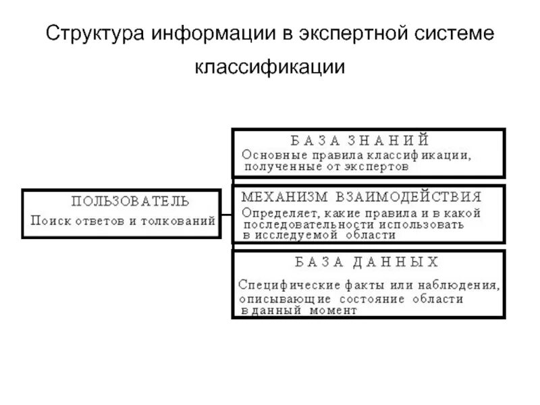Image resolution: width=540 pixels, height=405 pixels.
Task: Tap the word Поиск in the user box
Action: tap(49, 220)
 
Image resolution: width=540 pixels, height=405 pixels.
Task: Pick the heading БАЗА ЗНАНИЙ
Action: tap(359, 140)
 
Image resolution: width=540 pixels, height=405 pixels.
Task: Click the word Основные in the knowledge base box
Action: tap(270, 155)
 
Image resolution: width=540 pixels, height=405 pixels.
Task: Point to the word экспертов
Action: tap(379, 165)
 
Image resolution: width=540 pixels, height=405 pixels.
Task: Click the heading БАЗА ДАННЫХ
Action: tap(367, 261)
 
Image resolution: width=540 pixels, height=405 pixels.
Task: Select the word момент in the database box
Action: tap(333, 310)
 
